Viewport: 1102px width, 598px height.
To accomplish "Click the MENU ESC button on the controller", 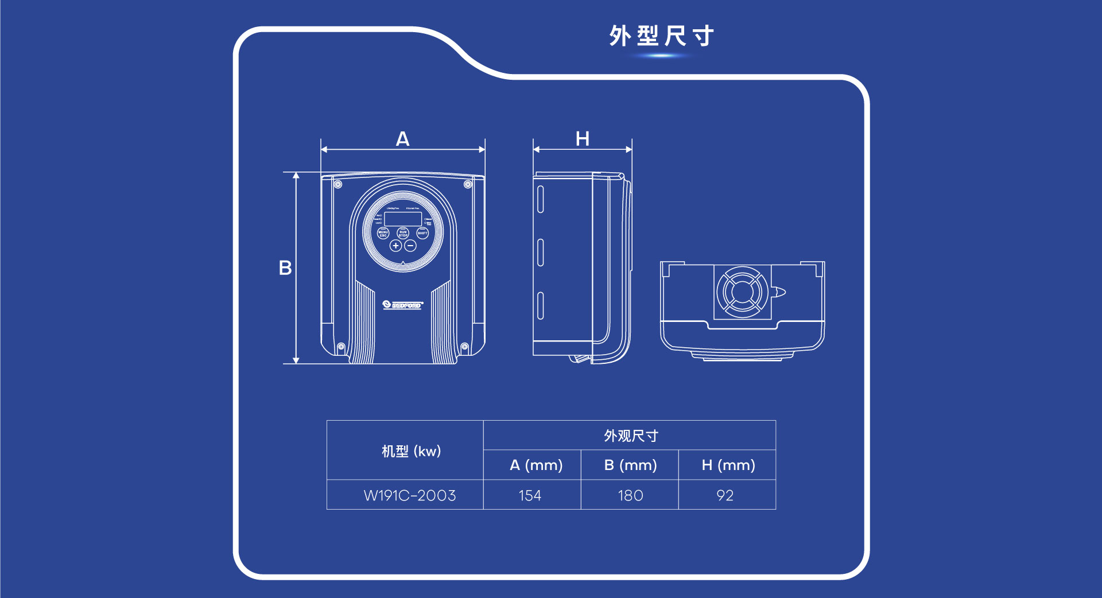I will (383, 234).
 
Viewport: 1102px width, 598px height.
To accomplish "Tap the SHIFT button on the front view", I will (422, 233).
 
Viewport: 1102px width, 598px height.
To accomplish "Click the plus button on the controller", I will (395, 246).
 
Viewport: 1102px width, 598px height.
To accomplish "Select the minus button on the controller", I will (410, 246).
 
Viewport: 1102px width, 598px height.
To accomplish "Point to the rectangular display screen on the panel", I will (403, 219).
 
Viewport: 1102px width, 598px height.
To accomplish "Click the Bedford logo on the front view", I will (403, 305).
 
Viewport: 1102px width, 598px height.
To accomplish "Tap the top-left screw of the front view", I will (338, 184).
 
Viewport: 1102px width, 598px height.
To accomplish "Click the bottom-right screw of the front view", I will (465, 347).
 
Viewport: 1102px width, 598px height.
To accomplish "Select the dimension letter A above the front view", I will (402, 139).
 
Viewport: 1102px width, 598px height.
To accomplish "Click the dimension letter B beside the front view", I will (285, 268).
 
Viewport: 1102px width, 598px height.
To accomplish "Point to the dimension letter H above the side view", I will (583, 139).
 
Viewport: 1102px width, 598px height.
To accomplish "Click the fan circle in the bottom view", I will (742, 292).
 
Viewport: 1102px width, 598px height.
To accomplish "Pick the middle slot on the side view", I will (540, 253).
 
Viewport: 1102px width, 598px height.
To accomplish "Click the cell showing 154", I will (530, 495).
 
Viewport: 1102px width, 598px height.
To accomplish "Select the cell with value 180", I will (630, 495).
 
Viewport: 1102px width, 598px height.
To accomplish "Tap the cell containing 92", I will (725, 495).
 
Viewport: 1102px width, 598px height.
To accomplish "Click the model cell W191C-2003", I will (410, 495).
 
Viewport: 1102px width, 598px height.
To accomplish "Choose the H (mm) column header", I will (728, 465).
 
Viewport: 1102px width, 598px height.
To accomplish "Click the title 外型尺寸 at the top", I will (661, 36).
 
